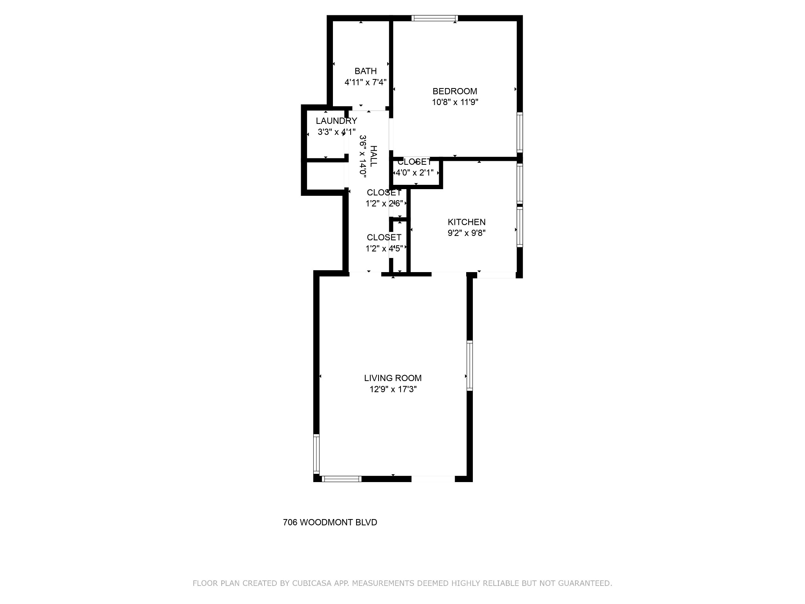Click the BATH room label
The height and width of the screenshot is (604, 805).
pos(366,71)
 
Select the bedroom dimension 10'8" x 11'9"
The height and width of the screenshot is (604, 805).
pos(455,102)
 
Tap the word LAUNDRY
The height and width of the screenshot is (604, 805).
pos(336,121)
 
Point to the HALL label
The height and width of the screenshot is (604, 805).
pos(373,156)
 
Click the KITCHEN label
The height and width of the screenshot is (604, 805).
pos(467,222)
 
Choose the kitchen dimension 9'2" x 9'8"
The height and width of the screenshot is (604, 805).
pos(467,233)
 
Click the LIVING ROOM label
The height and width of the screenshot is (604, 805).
pos(393,378)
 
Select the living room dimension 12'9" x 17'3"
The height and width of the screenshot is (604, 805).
pos(393,389)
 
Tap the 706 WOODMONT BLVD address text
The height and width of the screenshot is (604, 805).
pos(330,522)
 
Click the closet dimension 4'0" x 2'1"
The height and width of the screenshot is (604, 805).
pos(415,172)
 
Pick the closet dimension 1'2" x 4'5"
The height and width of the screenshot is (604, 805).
pos(384,249)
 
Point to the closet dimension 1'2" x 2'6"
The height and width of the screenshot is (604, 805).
pos(384,204)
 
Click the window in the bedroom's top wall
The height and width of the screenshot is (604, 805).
pos(435,18)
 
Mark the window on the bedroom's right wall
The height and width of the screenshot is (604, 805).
pos(520,132)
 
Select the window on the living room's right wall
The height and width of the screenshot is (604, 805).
pos(470,366)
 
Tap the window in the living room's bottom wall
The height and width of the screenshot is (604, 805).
pos(342,479)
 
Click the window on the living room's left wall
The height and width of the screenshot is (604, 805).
pos(316,453)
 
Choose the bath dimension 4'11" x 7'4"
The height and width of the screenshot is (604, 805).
pos(366,82)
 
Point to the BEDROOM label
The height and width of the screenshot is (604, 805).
pos(455,91)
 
